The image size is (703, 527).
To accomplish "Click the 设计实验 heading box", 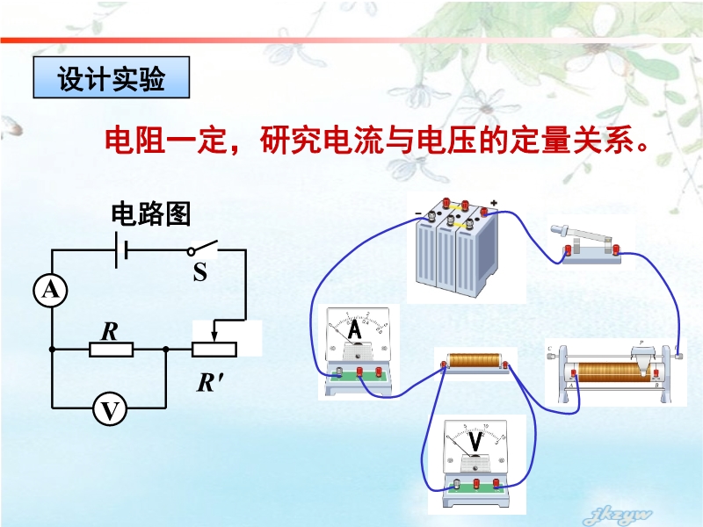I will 111,79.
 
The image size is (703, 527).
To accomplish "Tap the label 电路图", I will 150,213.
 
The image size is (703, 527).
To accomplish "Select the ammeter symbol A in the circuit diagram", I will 51,291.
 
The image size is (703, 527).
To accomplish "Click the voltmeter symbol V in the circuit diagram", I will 109,408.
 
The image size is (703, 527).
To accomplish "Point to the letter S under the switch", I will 199,273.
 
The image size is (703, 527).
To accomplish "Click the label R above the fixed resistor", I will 109,331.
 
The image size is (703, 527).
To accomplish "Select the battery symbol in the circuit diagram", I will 122,250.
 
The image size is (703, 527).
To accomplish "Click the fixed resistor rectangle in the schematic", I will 111,350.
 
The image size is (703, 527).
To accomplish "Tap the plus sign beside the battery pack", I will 494,204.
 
